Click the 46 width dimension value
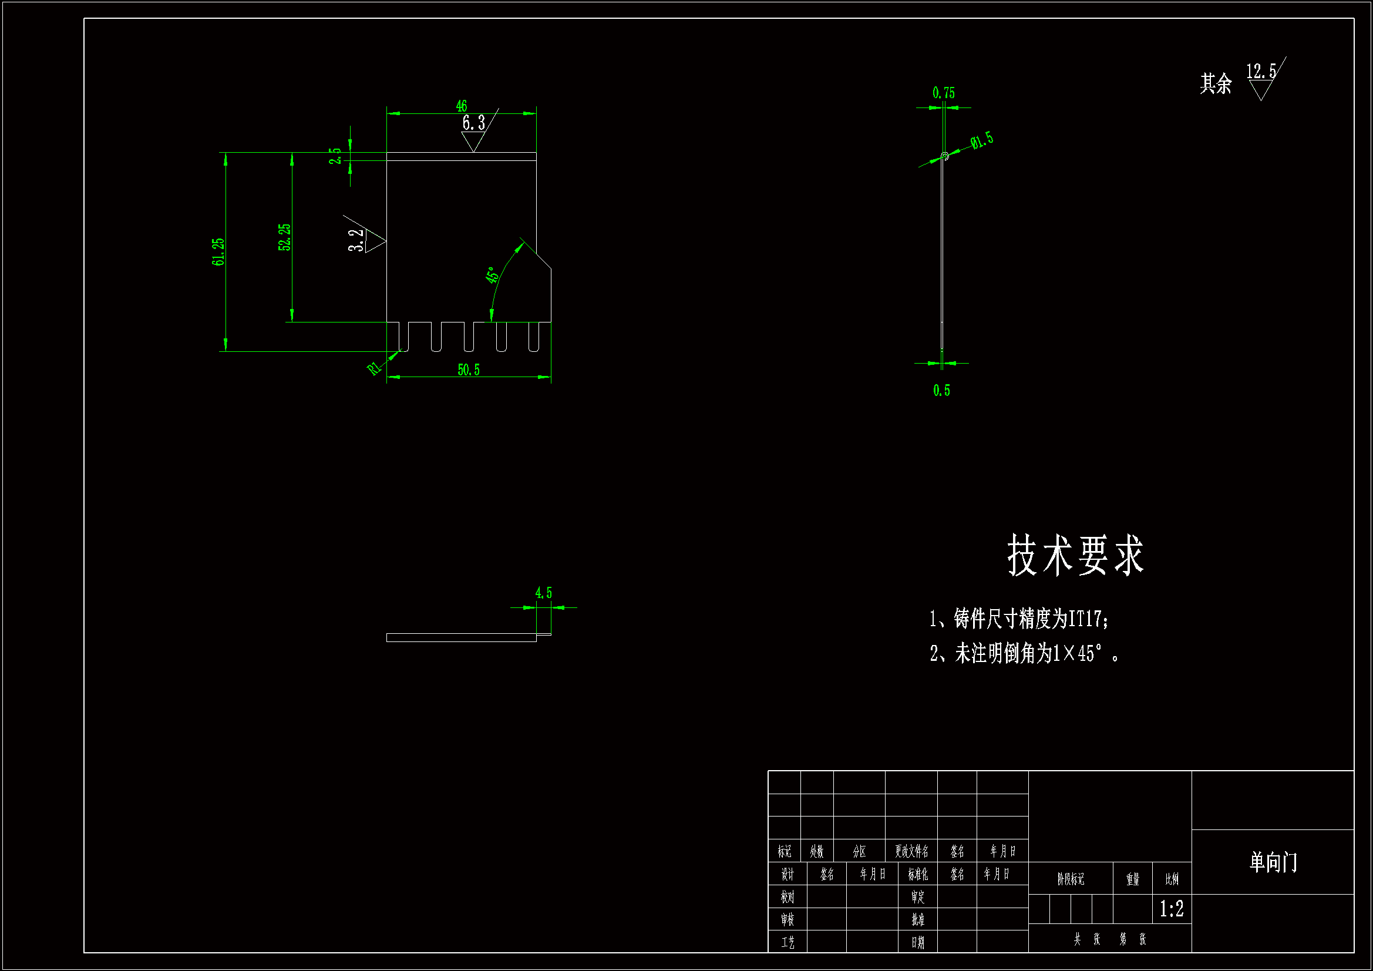click(461, 106)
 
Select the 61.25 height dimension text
click(218, 251)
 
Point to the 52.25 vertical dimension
click(285, 237)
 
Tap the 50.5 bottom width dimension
click(468, 369)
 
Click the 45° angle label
click(492, 275)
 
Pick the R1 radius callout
click(373, 368)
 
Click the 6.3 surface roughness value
click(473, 123)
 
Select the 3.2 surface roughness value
click(356, 240)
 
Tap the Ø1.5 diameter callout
click(982, 140)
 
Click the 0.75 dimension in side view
click(944, 93)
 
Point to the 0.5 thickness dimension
click(941, 391)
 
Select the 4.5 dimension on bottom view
click(544, 593)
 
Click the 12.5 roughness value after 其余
click(1261, 72)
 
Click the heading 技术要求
click(1075, 555)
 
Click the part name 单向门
click(1273, 862)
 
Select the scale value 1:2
click(1172, 909)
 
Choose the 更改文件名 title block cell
click(911, 851)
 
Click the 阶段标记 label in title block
click(1071, 879)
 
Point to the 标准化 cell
click(918, 874)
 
